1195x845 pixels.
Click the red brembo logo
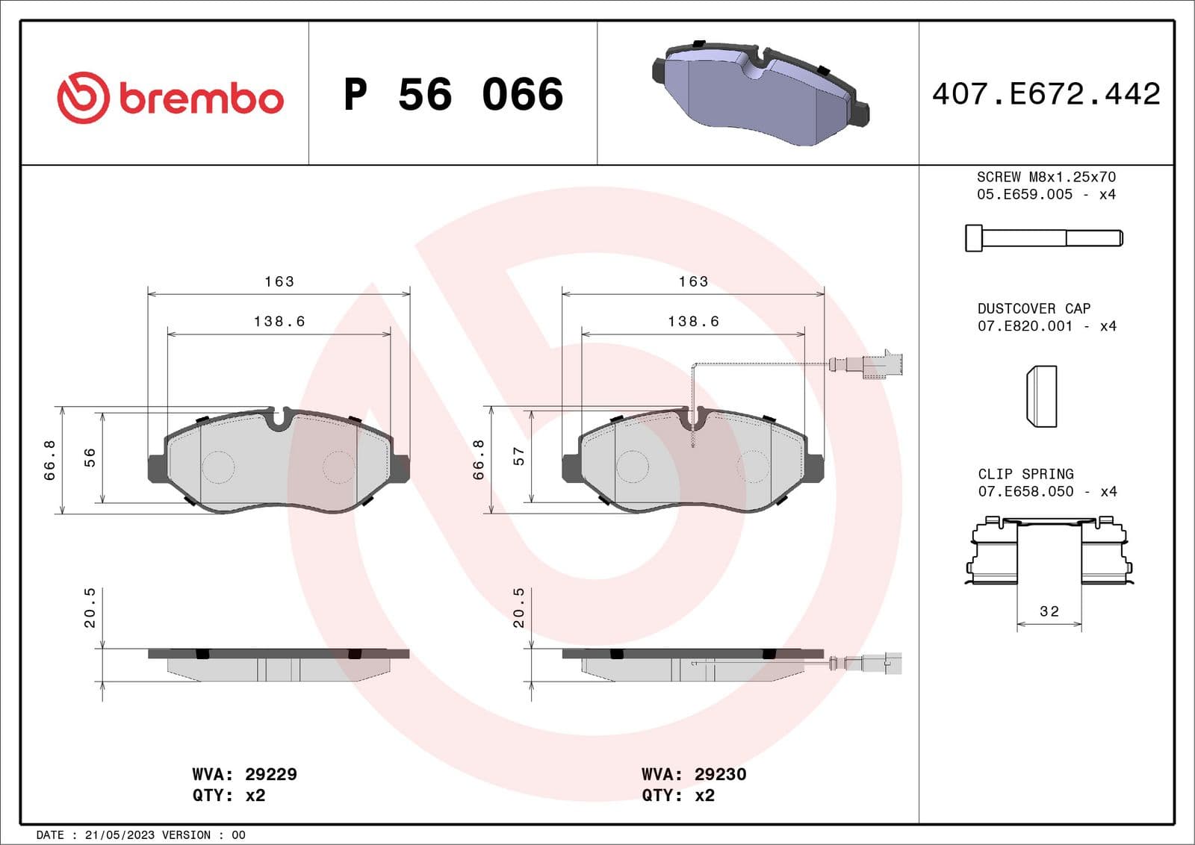pos(170,98)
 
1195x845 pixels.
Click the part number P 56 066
pos(453,95)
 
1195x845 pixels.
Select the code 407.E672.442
pos(1046,94)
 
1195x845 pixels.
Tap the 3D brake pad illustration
pos(760,93)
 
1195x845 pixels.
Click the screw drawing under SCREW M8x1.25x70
pos(1043,238)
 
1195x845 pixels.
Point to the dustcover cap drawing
pos(1042,396)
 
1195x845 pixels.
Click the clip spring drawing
pos(1049,551)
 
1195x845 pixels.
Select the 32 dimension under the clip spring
pos(1049,611)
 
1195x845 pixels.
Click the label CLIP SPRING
pos(1025,474)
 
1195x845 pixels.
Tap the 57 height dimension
pos(518,456)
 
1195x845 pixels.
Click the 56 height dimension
pos(90,457)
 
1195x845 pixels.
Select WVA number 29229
pos(270,774)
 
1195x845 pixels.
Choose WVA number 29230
pos(720,774)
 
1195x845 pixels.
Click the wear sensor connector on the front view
pos(881,364)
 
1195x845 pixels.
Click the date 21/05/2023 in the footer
pos(119,835)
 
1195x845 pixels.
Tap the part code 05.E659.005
pos(1024,194)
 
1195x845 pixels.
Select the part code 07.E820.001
pos(1025,326)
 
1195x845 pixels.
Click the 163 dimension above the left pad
pos(279,281)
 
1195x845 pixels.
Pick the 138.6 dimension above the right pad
pos(693,321)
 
